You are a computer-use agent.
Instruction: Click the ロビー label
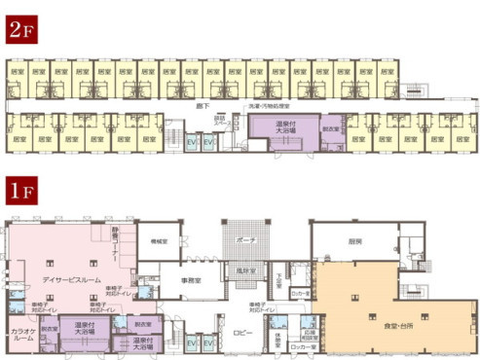(x=243, y=332)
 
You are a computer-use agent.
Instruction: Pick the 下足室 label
(x=278, y=276)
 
